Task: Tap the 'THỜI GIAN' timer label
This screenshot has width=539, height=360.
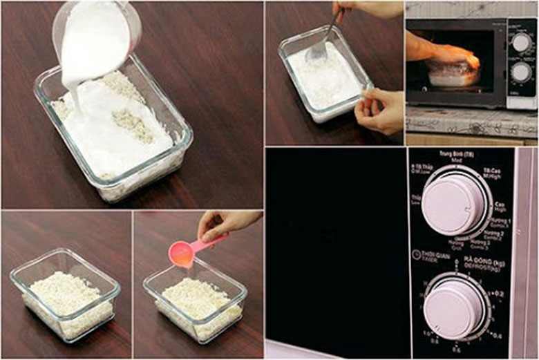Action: pyautogui.click(x=435, y=257)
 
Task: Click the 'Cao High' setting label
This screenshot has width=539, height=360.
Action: pyautogui.click(x=501, y=207)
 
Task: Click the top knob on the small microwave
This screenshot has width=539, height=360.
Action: pyautogui.click(x=521, y=43)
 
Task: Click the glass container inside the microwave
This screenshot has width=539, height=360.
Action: pyautogui.click(x=450, y=75)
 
